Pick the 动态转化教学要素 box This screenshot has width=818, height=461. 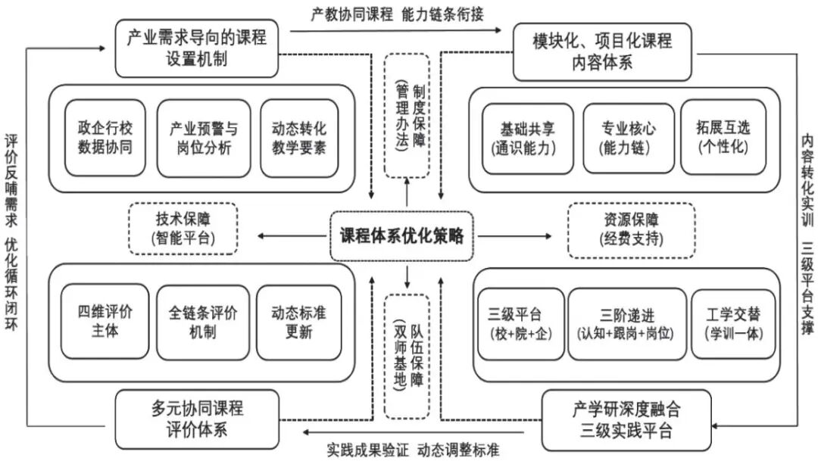coord(298,138)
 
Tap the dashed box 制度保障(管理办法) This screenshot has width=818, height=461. coord(407,114)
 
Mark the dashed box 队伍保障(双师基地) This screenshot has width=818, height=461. coord(407,356)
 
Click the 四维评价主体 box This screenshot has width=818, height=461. coord(103,322)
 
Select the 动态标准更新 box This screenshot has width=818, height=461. coord(298,322)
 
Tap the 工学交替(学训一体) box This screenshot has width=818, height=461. coord(732,323)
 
